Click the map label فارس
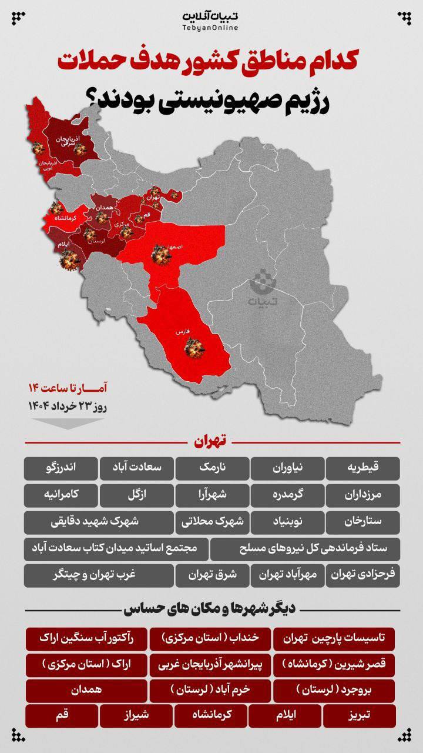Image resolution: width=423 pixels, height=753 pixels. coord(181,332)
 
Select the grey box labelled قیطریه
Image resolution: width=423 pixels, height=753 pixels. coord(363,468)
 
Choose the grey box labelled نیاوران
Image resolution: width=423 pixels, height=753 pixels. coord(287,468)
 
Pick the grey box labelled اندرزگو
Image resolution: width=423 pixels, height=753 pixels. coord(61,468)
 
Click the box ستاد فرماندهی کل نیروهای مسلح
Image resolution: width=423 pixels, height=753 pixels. coord(305,549)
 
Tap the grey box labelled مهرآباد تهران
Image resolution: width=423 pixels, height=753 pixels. coord(287,575)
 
